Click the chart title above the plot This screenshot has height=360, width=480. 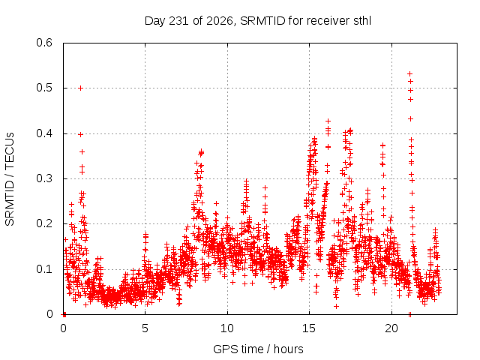tap(258, 21)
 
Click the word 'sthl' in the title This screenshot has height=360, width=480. tap(362, 21)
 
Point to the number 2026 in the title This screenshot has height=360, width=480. tap(219, 21)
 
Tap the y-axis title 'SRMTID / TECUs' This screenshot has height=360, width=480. tap(10, 179)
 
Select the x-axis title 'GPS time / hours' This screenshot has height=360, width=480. tap(258, 349)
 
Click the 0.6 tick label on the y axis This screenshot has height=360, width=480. tap(44, 43)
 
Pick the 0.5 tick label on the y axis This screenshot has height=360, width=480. tap(44, 88)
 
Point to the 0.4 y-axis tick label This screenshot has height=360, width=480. tap(44, 133)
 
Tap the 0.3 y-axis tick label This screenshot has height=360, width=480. tap(44, 178)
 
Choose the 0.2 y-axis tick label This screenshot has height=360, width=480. tap(44, 223)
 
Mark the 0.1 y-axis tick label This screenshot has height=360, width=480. tap(44, 269)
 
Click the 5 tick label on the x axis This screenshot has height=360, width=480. tap(145, 328)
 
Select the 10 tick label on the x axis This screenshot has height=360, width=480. tap(227, 328)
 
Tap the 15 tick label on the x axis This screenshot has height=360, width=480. tap(309, 328)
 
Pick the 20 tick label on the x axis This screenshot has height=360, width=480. tap(391, 328)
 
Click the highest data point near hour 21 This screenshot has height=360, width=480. tap(409, 73)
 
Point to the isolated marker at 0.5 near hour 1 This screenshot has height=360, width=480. tap(80, 88)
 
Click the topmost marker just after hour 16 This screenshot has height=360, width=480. tap(328, 121)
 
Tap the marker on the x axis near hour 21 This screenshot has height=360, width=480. tap(409, 314)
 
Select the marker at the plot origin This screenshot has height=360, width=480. tap(64, 314)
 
